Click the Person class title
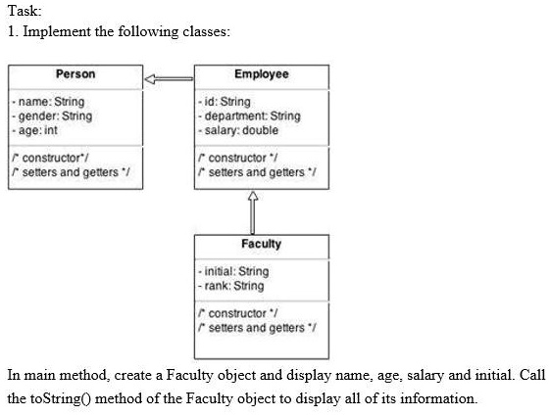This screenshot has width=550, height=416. tap(75, 73)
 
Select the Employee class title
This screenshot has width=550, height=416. tap(262, 73)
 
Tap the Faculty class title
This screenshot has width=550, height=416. tap(262, 244)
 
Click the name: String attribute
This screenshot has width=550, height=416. tap(48, 102)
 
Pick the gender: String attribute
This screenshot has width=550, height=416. tap(52, 116)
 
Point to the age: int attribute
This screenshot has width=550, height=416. tap(34, 130)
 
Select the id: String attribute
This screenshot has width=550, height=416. tap(225, 102)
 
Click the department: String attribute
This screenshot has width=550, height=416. tap(249, 116)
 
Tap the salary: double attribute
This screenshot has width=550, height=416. tap(238, 130)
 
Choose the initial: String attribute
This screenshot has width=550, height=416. tap(233, 271)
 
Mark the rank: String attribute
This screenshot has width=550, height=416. tap(231, 286)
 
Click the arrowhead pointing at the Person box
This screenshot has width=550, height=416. tap(149, 79)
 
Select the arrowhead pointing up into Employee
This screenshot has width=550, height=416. tap(253, 196)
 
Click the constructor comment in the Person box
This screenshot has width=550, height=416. tap(50, 158)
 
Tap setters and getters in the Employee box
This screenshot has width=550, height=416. tap(257, 172)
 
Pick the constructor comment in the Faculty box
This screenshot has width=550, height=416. tap(238, 313)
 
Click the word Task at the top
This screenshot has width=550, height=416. tap(25, 11)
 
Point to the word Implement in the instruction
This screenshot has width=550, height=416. tap(57, 31)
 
